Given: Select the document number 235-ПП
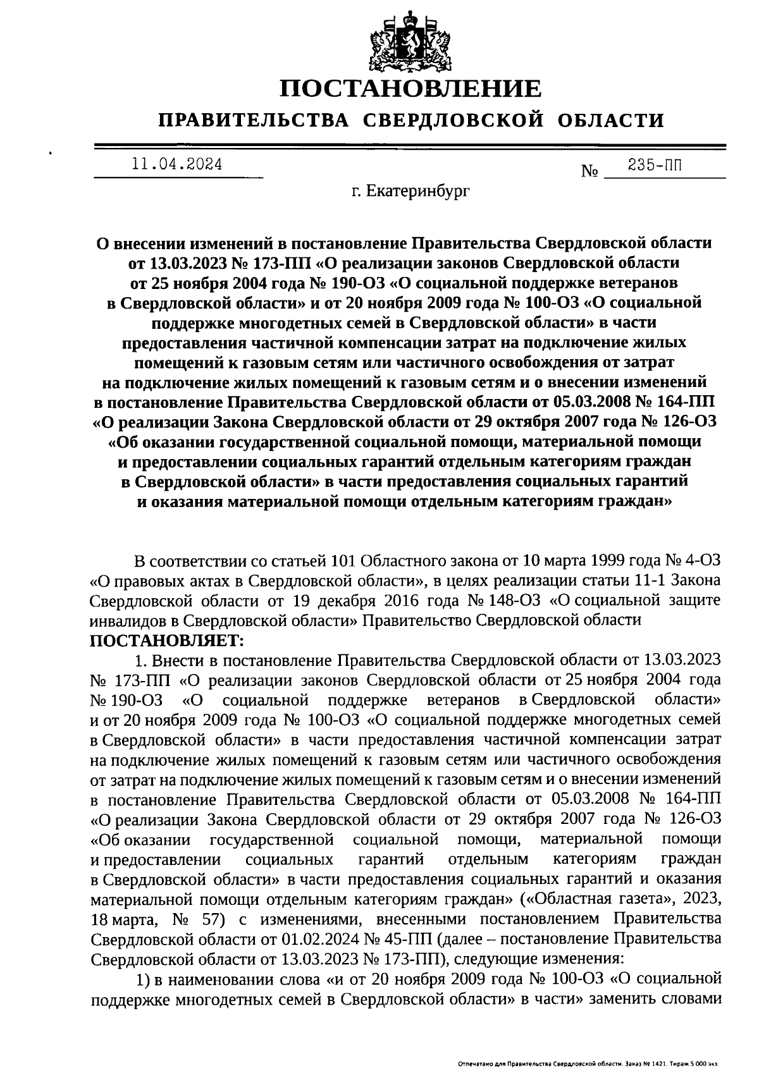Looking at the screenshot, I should [x=655, y=166].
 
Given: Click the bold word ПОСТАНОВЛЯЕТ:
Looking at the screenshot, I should [x=167, y=641].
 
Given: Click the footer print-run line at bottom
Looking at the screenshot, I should [x=588, y=1065].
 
